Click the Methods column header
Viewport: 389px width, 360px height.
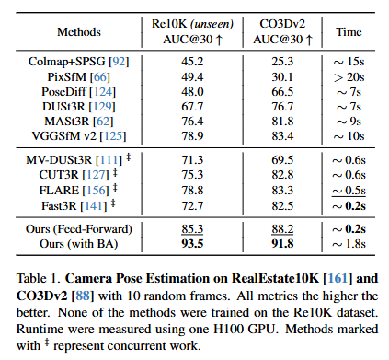pyautogui.click(x=79, y=32)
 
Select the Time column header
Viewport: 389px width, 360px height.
pyautogui.click(x=349, y=32)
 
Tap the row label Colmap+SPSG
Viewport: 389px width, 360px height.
pyautogui.click(x=67, y=62)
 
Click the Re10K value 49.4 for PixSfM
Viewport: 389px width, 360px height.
pyautogui.click(x=192, y=76)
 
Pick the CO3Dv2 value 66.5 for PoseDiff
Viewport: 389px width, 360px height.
pyautogui.click(x=282, y=92)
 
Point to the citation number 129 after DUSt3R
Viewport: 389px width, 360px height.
pyautogui.click(x=102, y=107)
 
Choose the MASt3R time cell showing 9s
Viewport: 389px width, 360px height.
pyautogui.click(x=349, y=122)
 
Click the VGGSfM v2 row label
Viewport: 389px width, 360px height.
pyautogui.click(x=64, y=135)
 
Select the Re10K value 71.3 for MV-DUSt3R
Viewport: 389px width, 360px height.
pyautogui.click(x=192, y=160)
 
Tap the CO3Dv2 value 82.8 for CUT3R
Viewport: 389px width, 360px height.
pyautogui.click(x=282, y=175)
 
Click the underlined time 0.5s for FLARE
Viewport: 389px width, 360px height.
pyautogui.click(x=349, y=191)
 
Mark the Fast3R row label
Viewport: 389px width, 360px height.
pyautogui.click(x=59, y=205)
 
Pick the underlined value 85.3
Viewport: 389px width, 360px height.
pyautogui.click(x=192, y=229)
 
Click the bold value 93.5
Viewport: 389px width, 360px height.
pyautogui.click(x=192, y=244)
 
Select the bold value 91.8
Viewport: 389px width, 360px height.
pyautogui.click(x=282, y=244)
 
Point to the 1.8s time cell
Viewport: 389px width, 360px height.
pyautogui.click(x=349, y=244)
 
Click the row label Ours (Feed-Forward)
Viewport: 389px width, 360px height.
pyautogui.click(x=79, y=229)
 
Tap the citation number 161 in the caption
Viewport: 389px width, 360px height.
pyautogui.click(x=338, y=278)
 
